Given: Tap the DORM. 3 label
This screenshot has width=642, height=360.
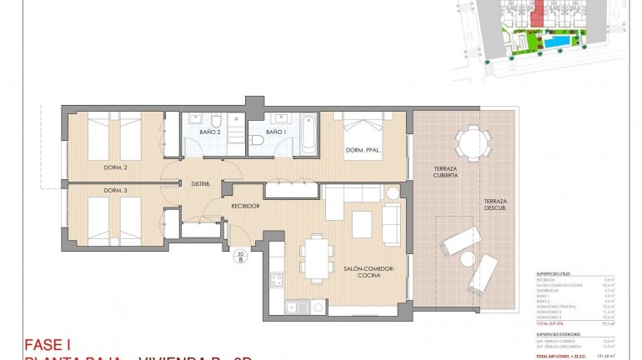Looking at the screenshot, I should click(x=115, y=191).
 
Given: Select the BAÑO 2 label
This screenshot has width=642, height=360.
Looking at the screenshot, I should click(x=210, y=132).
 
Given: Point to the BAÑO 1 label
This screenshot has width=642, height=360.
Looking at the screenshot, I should click(x=276, y=132).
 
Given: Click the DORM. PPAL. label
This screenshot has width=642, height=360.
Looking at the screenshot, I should click(x=363, y=151).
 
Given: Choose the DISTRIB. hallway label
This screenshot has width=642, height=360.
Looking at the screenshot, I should click(x=200, y=183).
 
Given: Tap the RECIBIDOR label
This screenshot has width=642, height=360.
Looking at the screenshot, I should click(x=245, y=206).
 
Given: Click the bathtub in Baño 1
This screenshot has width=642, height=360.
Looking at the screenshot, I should click(x=308, y=133).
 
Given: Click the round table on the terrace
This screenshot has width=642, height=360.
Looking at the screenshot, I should click(x=473, y=142).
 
